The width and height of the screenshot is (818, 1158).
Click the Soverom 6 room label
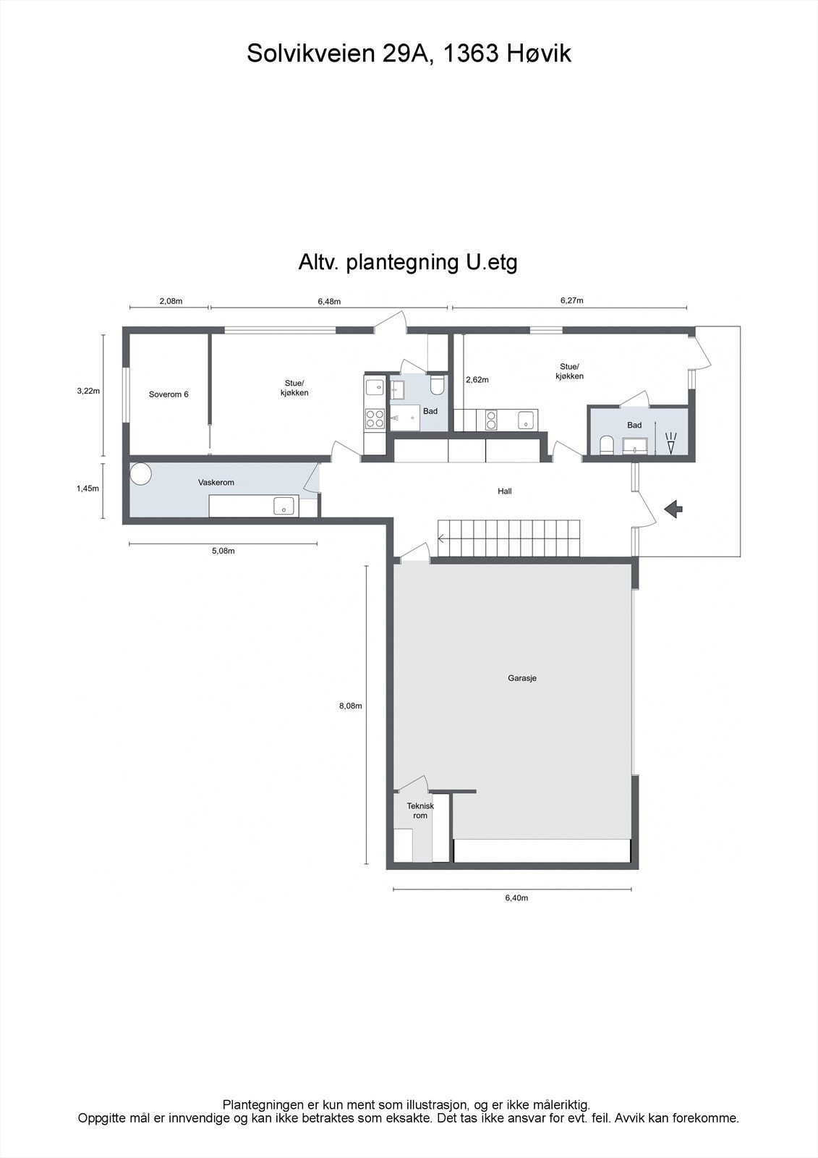(169, 394)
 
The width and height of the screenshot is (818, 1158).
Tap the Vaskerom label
(216, 482)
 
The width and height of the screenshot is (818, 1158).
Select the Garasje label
(522, 679)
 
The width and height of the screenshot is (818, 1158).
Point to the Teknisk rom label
(420, 811)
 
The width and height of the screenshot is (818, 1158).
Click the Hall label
(505, 491)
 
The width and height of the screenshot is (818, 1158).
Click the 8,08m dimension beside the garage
(350, 706)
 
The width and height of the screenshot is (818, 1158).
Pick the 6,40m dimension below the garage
(516, 898)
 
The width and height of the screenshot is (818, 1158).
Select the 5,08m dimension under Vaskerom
(223, 551)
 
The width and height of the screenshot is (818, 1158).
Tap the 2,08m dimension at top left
(171, 301)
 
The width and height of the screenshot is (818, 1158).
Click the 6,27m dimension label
(571, 300)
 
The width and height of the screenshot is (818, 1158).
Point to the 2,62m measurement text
(477, 379)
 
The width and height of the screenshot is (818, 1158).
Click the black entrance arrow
(673, 509)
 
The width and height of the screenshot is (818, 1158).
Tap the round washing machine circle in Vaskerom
(142, 474)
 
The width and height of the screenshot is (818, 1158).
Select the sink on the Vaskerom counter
(285, 505)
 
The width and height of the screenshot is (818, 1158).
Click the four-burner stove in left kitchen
(375, 418)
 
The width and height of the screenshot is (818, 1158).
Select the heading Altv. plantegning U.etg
(408, 261)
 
